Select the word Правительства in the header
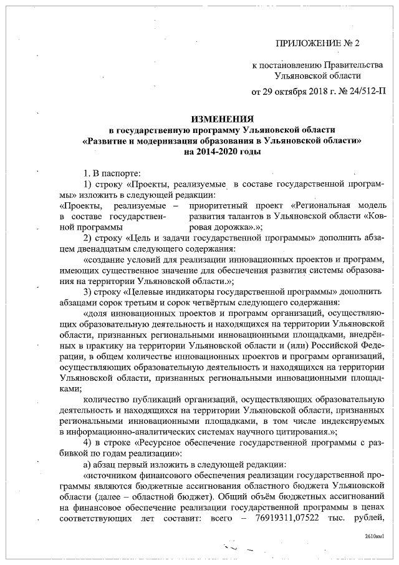tap(351, 66)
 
